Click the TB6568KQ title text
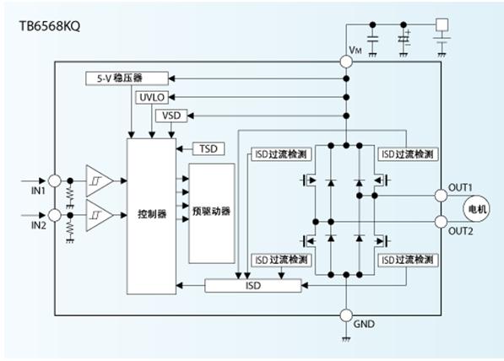[50, 25]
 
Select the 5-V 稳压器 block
[127, 78]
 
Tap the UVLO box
[152, 97]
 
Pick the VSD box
[171, 116]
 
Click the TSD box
[209, 149]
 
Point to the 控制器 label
[152, 214]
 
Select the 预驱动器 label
[212, 211]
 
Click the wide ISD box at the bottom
[253, 286]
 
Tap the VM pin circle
[346, 62]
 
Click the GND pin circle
[346, 315]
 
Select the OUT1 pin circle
[441, 196]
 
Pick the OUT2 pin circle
[441, 222]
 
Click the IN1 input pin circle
[55, 180]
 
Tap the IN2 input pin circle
[55, 215]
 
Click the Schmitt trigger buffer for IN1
[98, 180]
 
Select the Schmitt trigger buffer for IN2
[98, 215]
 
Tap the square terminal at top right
[442, 24]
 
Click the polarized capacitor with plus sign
[404, 40]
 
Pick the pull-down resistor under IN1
[70, 195]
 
